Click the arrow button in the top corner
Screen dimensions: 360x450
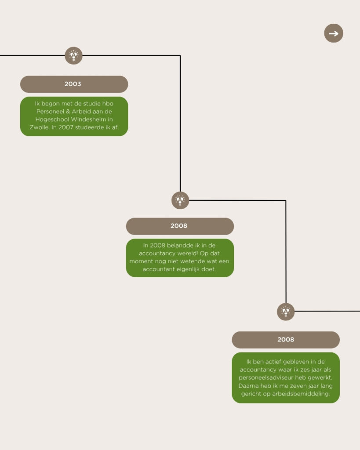[x=334, y=33]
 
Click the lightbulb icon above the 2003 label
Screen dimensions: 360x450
[x=73, y=55]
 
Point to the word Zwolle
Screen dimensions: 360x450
[x=39, y=127]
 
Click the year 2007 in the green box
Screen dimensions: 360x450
[x=66, y=127]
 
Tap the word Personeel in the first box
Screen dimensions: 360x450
[x=50, y=111]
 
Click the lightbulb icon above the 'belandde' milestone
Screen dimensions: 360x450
[x=180, y=200]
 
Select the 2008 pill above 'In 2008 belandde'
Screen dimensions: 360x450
[x=180, y=226]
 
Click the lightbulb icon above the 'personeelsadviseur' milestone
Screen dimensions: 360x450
[x=286, y=312]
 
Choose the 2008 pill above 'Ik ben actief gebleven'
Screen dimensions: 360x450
[x=286, y=340]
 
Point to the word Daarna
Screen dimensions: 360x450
[x=248, y=386]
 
